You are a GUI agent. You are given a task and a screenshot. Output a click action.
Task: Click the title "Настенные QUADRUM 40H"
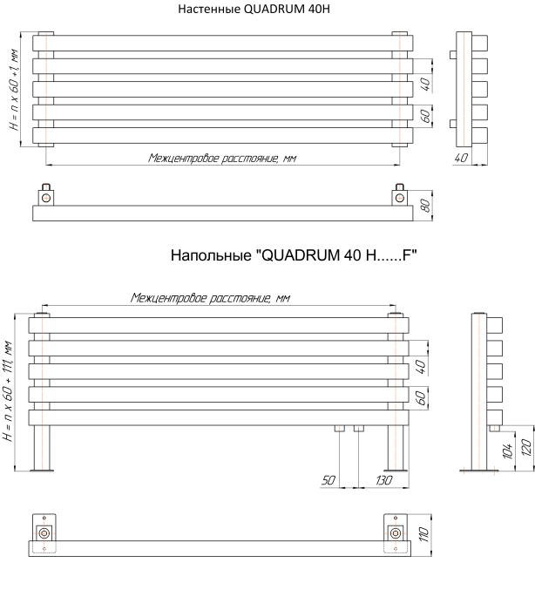[x=254, y=9]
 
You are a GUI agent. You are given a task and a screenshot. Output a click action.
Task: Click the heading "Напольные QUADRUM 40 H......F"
[x=294, y=255]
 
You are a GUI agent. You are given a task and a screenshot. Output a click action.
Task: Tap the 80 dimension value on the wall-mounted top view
[x=426, y=206]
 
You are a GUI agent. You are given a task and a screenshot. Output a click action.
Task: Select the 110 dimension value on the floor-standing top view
[x=424, y=533]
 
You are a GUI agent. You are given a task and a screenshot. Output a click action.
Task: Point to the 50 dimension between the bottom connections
[x=328, y=480]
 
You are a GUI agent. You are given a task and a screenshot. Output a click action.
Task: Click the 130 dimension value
[x=384, y=480]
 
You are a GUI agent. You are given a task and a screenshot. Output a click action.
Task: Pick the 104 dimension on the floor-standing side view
[x=507, y=451]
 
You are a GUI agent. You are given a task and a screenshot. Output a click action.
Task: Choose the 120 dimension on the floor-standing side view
[x=526, y=447]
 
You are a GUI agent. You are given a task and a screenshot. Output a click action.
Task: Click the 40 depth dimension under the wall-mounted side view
[x=462, y=158]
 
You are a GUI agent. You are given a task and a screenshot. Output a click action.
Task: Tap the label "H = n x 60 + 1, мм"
[x=14, y=90]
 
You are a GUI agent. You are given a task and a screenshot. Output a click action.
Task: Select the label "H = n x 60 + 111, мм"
[x=8, y=391]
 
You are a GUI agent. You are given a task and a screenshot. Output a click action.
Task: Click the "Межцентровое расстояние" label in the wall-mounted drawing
[x=222, y=158]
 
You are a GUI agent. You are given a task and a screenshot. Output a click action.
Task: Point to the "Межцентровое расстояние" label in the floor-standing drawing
[x=210, y=298]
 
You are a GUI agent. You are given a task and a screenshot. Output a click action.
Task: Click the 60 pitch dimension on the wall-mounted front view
[x=425, y=116]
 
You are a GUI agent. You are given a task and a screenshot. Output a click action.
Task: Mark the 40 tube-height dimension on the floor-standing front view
[x=421, y=367]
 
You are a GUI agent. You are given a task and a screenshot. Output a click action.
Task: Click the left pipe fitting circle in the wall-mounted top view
[x=46, y=198]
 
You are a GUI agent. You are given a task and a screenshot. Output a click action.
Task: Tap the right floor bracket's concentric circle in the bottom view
[x=396, y=533]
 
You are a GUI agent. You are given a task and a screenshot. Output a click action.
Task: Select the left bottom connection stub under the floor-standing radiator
[x=340, y=429]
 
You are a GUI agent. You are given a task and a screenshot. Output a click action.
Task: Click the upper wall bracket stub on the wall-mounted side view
[x=453, y=54]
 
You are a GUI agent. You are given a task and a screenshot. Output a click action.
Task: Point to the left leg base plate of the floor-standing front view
[x=42, y=471]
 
